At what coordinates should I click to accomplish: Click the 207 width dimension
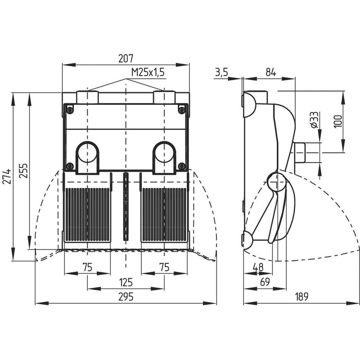126,58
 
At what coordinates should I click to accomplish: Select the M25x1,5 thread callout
148,72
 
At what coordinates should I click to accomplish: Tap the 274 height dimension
8,176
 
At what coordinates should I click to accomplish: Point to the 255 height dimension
23,171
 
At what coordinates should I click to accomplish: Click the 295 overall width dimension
126,297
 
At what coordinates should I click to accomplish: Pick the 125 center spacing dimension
126,282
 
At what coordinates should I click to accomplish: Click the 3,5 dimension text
221,72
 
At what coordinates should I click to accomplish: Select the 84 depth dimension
271,72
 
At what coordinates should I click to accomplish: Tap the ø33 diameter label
315,120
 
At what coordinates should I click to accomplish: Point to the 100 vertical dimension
338,121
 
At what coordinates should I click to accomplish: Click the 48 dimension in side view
258,267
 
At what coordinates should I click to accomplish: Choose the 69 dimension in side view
265,282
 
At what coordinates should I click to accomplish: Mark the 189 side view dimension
301,297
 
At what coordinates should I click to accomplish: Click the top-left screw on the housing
70,110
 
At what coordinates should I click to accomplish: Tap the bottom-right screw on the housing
182,166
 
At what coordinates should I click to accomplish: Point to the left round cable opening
87,153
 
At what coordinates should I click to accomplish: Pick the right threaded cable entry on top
164,97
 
